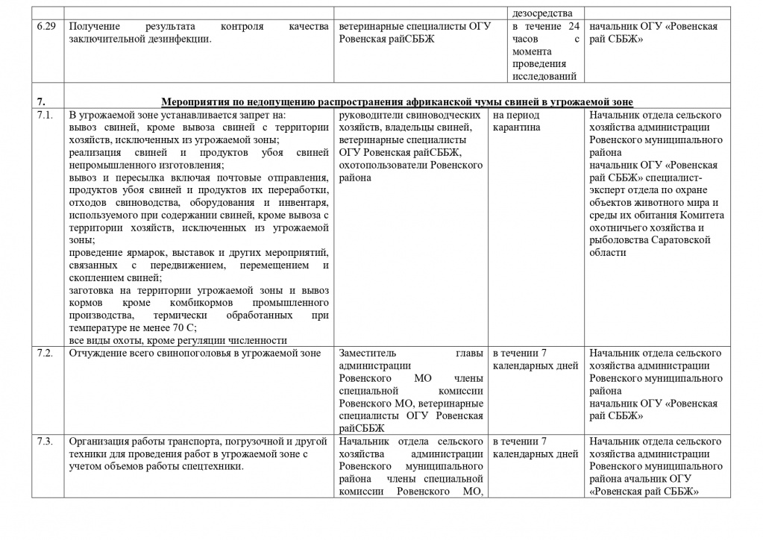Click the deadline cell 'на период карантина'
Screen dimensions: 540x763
516,122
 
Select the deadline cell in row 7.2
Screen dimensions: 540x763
536,360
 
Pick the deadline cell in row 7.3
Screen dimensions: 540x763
536,447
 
